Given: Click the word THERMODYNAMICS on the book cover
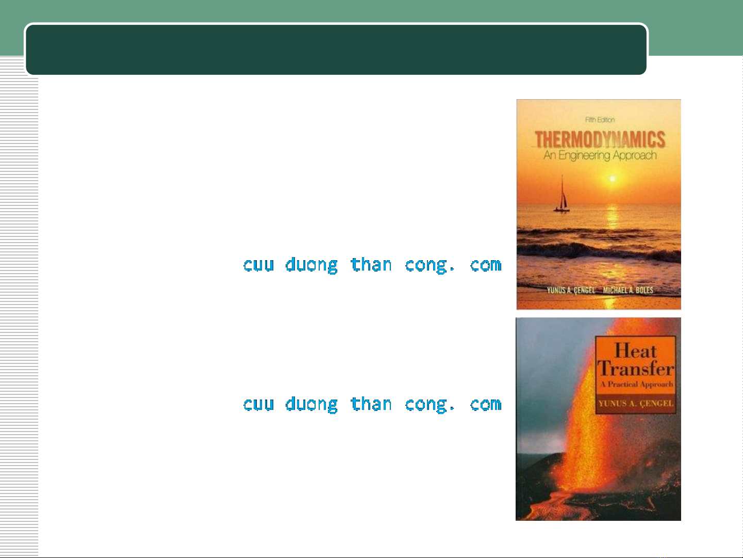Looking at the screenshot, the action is (x=600, y=139).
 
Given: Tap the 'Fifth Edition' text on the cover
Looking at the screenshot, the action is (x=600, y=120).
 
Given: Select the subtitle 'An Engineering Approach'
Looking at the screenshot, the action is (x=600, y=155).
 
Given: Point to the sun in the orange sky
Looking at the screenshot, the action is (x=613, y=179).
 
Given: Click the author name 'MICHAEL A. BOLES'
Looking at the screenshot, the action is (x=628, y=290).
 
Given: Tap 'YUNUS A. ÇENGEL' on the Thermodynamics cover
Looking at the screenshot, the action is (x=571, y=290).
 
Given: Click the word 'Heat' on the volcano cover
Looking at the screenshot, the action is (x=635, y=350).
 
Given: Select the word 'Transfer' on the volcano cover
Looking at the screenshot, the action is (x=636, y=368).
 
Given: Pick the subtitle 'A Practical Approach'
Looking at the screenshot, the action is (x=636, y=384).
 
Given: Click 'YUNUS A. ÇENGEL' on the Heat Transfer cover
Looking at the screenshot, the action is (x=636, y=403).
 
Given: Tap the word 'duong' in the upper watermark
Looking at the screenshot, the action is (x=311, y=265).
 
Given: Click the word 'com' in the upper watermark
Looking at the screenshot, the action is (x=485, y=265).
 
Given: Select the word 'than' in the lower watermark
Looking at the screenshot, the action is (x=371, y=403).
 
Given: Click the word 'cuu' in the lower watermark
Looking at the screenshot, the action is (x=258, y=404).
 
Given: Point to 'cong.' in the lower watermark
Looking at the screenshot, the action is (x=430, y=405).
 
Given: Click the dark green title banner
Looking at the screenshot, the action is (x=336, y=49).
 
